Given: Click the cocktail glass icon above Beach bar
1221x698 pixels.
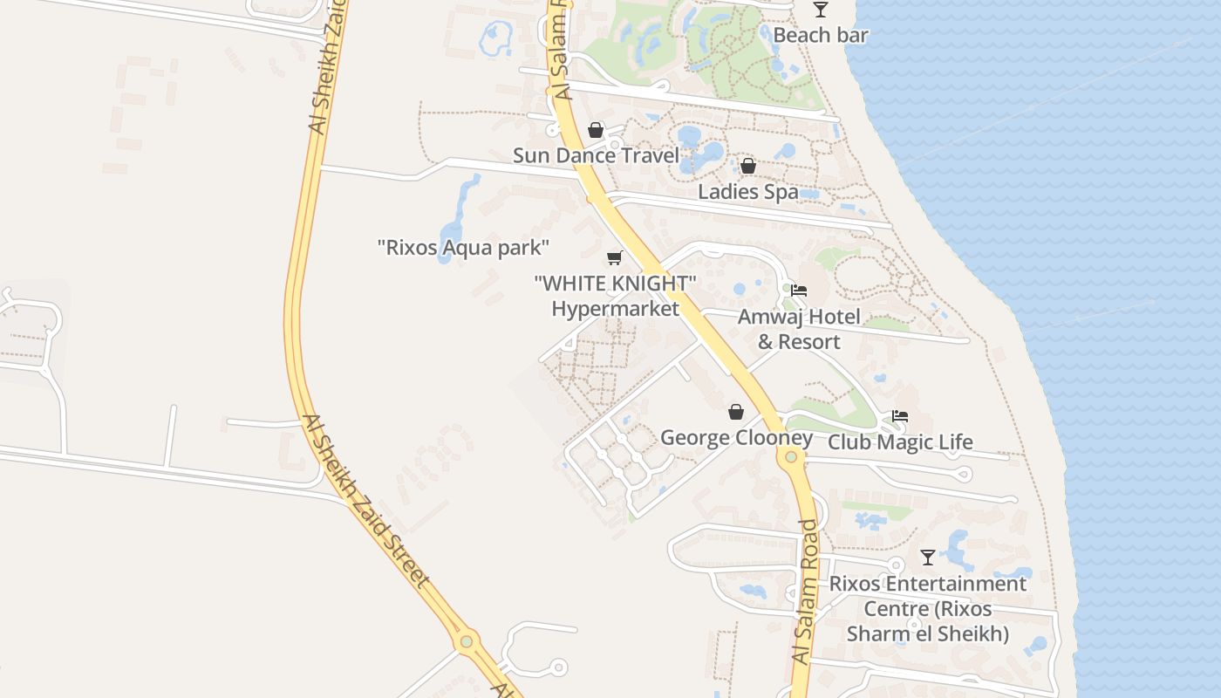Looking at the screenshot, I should pos(821,10).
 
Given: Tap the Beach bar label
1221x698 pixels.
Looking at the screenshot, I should pos(821,36).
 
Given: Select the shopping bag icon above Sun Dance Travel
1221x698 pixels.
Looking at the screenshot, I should pos(596,130).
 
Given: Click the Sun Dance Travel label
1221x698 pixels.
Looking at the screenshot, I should pos(596,156).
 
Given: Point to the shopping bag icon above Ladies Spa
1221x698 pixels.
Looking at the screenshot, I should pos(747,166).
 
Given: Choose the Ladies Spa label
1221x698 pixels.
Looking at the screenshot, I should pos(748,192).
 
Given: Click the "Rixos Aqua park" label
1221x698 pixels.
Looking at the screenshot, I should pos(463,248).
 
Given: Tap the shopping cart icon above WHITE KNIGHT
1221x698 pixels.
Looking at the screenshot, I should pos(615,257).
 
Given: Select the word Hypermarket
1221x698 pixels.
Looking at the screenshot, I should pos(615,309).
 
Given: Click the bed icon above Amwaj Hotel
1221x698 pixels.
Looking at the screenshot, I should pos(799,291).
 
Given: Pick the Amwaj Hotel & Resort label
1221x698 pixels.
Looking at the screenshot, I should pos(799,329).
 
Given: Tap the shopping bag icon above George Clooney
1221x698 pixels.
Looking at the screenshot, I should pos(736,412).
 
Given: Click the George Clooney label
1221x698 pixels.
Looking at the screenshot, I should pos(736,438).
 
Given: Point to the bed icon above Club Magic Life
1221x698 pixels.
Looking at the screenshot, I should pos(900,416).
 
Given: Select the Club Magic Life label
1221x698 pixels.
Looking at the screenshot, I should pos(900,442).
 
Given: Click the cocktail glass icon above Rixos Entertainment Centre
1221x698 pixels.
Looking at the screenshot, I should pos(928,557).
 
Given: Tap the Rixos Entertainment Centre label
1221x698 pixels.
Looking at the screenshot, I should pos(928,608).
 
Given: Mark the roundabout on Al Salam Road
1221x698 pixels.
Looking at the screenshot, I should pos(791,456).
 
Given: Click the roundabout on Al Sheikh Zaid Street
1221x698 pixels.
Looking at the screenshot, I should pos(467,641).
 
